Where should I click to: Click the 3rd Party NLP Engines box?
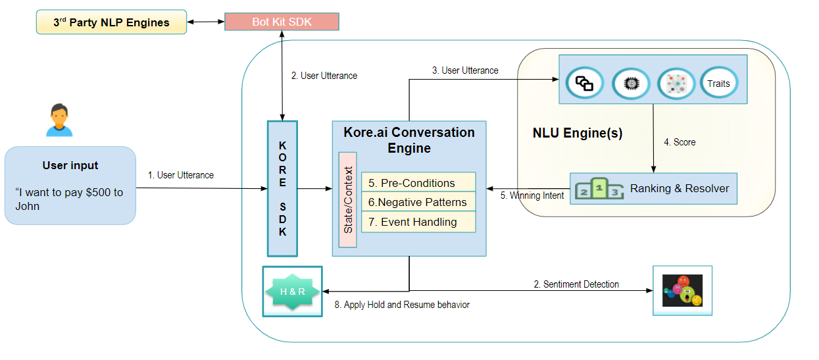point(111,22)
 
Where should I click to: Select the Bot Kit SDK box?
point(282,22)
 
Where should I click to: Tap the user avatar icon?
point(59,120)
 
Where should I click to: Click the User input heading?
point(70,165)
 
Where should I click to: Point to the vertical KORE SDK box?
point(282,188)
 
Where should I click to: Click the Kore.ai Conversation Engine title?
point(409,140)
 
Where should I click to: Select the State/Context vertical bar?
point(348,199)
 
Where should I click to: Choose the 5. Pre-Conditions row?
point(418,182)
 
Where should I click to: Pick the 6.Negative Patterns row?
point(418,202)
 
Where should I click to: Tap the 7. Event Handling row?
point(418,222)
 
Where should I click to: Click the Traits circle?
point(718,84)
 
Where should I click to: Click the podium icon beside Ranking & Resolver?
point(599,189)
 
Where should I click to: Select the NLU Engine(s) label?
point(577,134)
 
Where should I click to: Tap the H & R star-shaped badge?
point(292,292)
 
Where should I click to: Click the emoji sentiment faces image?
point(682,290)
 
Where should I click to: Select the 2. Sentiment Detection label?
point(576,284)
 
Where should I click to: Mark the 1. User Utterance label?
point(181,175)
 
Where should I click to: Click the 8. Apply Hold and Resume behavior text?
point(402,305)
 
